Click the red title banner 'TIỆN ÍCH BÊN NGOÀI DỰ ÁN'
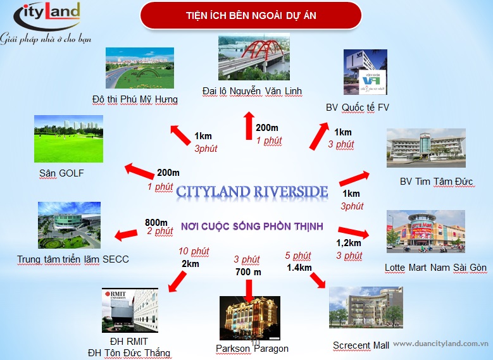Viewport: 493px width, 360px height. (x=251, y=15)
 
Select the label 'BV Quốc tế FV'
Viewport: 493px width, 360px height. (x=358, y=108)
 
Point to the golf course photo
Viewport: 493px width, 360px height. (x=68, y=139)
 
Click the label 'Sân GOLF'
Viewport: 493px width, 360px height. (x=61, y=173)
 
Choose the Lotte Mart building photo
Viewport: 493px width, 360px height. (x=426, y=232)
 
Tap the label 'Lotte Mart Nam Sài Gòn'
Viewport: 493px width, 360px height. (x=436, y=268)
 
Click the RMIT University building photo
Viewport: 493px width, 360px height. (x=130, y=310)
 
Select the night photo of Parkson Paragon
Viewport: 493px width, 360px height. (x=249, y=318)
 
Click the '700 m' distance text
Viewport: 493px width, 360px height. (x=248, y=272)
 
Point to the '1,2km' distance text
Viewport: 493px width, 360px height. (x=348, y=243)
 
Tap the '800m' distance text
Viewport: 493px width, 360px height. (x=156, y=223)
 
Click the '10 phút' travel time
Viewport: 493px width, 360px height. (x=194, y=251)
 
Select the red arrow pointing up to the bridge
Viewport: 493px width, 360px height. (x=249, y=125)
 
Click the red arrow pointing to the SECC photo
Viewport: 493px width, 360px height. (x=126, y=235)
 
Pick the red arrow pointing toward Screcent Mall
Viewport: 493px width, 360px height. (x=318, y=280)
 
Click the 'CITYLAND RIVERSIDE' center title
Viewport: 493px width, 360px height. (x=252, y=192)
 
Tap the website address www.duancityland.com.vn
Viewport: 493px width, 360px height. (x=441, y=344)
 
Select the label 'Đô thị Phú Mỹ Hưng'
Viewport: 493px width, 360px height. (x=135, y=99)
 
